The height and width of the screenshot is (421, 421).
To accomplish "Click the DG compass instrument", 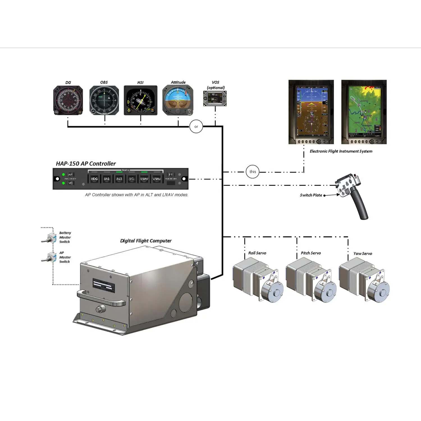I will (68, 100).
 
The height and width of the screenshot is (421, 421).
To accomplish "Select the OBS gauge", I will (104, 100).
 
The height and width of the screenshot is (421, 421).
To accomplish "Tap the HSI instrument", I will (141, 100).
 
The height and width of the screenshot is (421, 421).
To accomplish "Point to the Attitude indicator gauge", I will (178, 100).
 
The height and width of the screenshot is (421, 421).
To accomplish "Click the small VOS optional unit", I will (215, 99).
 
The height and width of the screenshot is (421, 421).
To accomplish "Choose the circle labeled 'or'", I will (196, 127).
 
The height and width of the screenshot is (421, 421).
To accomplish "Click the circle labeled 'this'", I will (253, 172).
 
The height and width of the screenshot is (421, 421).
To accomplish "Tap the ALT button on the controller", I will (119, 179).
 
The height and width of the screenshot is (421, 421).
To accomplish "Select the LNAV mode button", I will (144, 179).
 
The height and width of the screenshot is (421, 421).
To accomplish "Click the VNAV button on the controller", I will (157, 179).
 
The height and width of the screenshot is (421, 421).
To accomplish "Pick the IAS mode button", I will (107, 179).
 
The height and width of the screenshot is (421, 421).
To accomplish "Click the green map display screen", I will (364, 112).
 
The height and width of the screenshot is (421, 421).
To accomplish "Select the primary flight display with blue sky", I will (311, 112).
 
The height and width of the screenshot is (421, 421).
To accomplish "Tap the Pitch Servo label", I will (311, 253).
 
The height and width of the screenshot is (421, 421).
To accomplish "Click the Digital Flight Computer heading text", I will (146, 241).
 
